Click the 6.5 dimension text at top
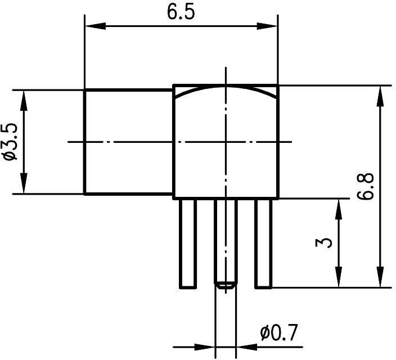[x=181, y=12]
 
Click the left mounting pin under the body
[x=188, y=243]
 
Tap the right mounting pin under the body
[x=263, y=243]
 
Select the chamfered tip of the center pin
[x=226, y=285]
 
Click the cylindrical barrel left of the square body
[x=128, y=142]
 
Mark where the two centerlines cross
[x=226, y=142]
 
